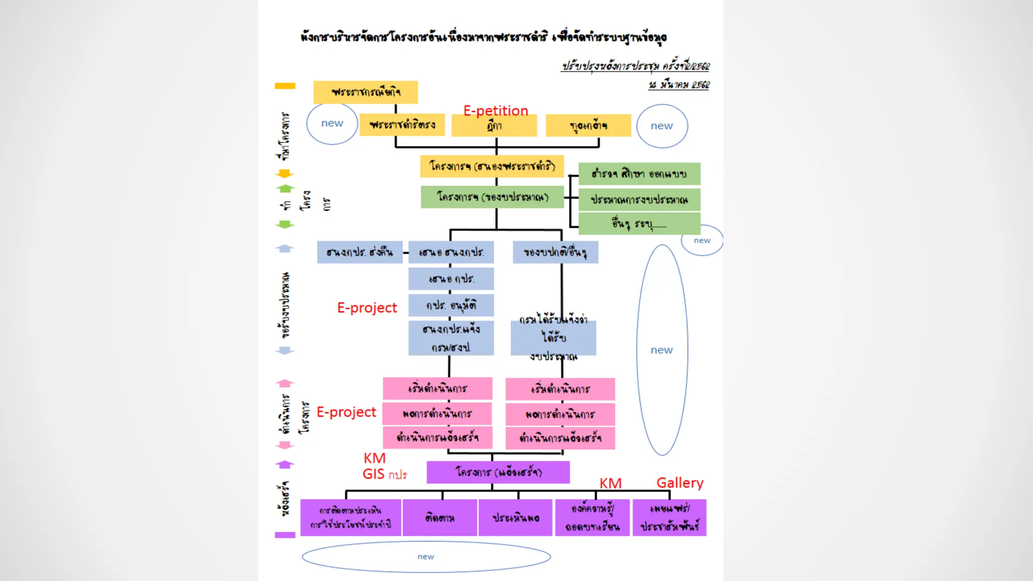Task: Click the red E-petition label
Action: (x=495, y=110)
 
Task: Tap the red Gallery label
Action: (x=679, y=483)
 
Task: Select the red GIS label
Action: (x=373, y=474)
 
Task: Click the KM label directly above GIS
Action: (x=374, y=458)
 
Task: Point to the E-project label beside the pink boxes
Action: (x=346, y=412)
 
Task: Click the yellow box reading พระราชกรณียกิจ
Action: (x=366, y=92)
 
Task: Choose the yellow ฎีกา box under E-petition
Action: (x=494, y=126)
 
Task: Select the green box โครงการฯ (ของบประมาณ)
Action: (x=492, y=197)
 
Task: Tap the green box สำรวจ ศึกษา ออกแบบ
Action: (x=639, y=174)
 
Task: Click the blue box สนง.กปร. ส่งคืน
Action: (x=359, y=252)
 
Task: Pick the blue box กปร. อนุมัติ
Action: (x=451, y=305)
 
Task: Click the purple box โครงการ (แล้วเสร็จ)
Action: (x=498, y=472)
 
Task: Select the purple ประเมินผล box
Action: (x=515, y=518)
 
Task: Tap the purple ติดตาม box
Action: (x=440, y=518)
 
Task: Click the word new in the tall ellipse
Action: (x=661, y=350)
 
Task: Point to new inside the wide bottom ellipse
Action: (x=426, y=557)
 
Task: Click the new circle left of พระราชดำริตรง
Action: (x=332, y=124)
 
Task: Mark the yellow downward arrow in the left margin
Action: (x=284, y=174)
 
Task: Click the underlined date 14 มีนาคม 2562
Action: (x=679, y=85)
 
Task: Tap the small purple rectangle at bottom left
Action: (x=285, y=535)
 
